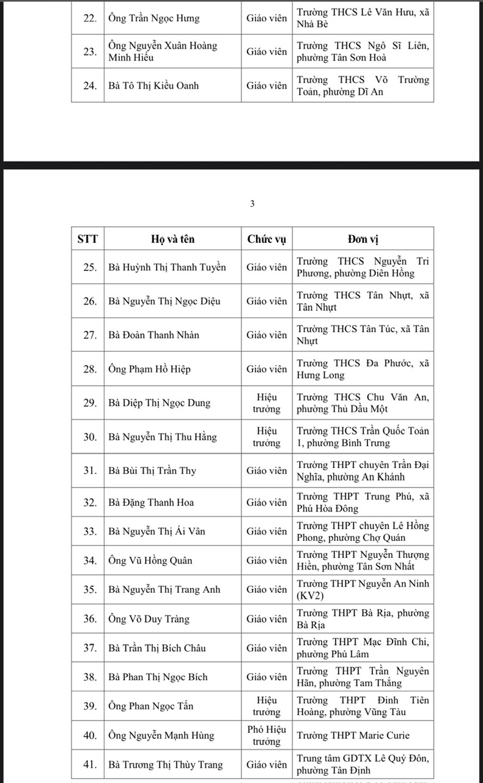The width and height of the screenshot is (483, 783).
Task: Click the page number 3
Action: pos(252,204)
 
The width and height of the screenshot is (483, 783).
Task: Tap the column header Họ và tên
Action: pos(172,239)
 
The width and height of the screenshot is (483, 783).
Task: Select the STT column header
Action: pos(87,239)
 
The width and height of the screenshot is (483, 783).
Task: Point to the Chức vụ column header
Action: pos(266,239)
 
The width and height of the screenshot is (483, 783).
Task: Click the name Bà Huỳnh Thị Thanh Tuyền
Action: pos(167,267)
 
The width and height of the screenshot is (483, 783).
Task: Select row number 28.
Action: pos(90,369)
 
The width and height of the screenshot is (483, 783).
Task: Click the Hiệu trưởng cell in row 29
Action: pos(267,403)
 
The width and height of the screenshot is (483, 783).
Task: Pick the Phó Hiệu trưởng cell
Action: pos(267,735)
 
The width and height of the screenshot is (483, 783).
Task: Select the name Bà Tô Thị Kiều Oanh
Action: pos(153,86)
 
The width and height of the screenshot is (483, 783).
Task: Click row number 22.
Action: pos(90,18)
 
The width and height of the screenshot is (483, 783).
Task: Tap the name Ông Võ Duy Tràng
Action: pos(149,619)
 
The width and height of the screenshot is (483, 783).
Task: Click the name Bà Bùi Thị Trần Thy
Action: pos(152,471)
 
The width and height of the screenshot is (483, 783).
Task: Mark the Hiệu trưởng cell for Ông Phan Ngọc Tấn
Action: pos(267,706)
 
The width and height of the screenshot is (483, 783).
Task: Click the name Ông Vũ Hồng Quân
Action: pos(149,560)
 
